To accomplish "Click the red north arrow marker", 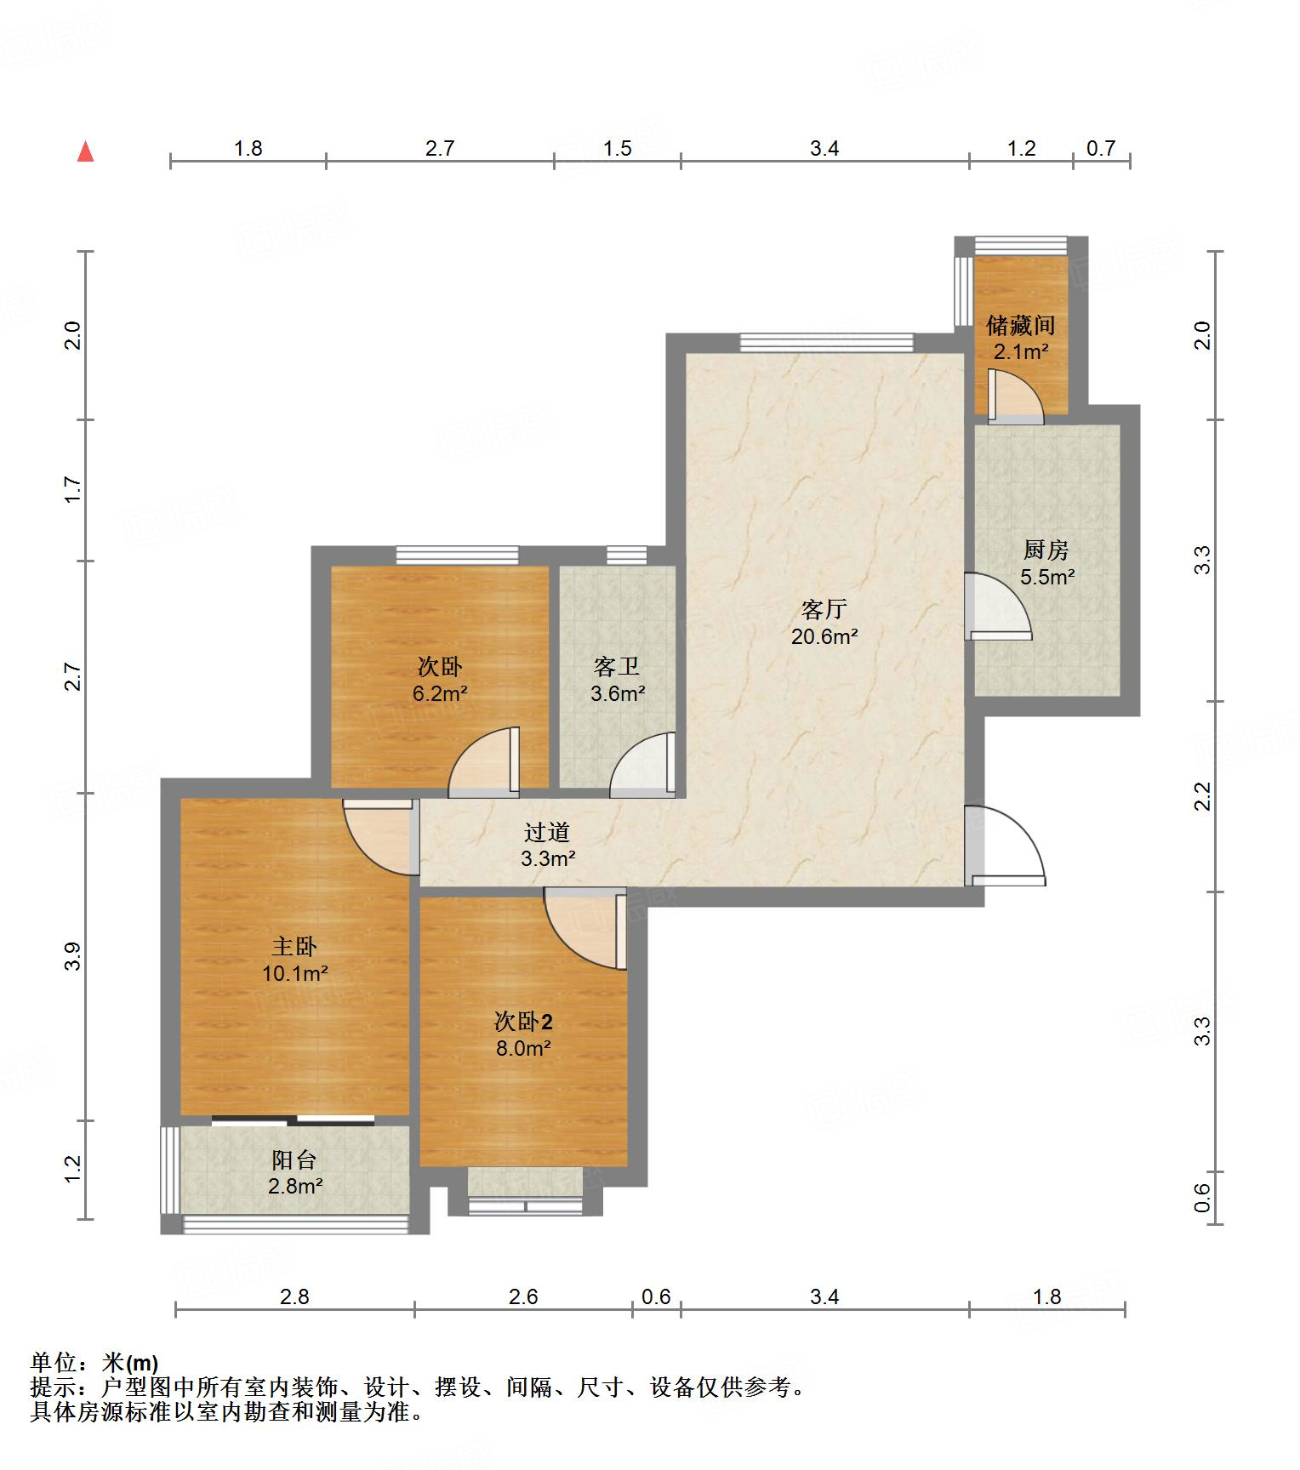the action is pos(85,151).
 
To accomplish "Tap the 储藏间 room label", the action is pos(1021,324).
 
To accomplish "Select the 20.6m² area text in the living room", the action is pos(824,635).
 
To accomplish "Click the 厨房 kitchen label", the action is pos(1046,550).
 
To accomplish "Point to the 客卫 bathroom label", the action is pos(617,666).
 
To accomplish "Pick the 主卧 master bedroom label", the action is pos(294,946).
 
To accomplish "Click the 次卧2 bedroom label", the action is pos(524,1021).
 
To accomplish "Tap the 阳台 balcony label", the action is pos(294,1159).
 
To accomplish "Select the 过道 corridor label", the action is pos(547,832).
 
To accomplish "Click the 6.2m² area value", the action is pos(440,692).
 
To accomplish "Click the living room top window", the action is pos(826,342).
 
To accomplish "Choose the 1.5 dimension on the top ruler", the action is pos(618,148).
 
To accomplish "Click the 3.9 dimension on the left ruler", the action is pos(74,956).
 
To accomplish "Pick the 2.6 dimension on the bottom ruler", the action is pos(523,1296).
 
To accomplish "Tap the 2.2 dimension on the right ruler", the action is pos(1202,796).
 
